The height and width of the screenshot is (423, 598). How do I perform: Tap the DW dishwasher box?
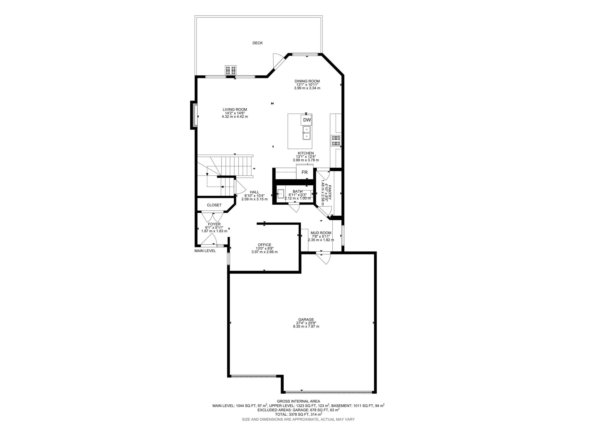(x=307, y=120)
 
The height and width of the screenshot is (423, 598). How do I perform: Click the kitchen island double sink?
(x=307, y=133)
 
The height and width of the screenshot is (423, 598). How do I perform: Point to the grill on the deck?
(x=230, y=70)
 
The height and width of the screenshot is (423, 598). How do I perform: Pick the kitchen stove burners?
(x=335, y=141)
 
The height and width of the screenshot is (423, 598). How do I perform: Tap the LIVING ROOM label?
(x=235, y=110)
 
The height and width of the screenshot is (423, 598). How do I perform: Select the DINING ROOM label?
(x=307, y=81)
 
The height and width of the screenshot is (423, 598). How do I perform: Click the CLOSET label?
(x=214, y=205)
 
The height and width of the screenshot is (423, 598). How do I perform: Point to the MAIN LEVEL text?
(x=205, y=251)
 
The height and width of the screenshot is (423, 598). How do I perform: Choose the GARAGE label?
(x=306, y=319)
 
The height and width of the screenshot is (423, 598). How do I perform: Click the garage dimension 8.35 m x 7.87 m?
(x=306, y=326)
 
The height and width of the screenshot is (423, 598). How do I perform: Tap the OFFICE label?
(x=264, y=245)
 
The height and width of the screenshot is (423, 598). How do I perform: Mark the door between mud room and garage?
(x=323, y=258)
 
